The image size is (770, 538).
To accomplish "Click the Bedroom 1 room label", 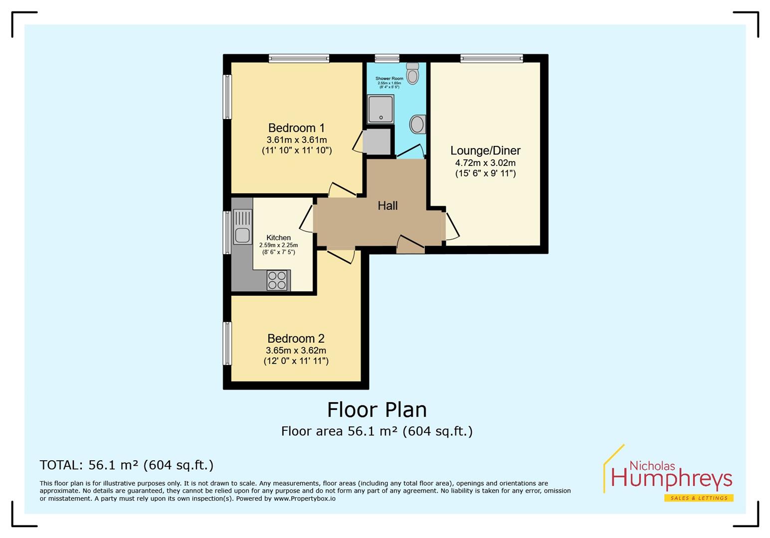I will pyautogui.click(x=296, y=128).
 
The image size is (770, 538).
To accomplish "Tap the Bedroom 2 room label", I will pyautogui.click(x=296, y=339).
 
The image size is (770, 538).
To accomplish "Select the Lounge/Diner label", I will pyautogui.click(x=485, y=150).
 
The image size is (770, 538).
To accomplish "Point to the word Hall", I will pyautogui.click(x=387, y=205).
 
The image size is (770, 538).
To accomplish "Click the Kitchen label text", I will pyautogui.click(x=278, y=238).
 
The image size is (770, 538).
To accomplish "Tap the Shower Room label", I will pyautogui.click(x=389, y=79).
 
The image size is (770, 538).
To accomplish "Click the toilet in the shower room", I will pyautogui.click(x=412, y=73).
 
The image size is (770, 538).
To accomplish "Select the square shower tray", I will pyautogui.click(x=381, y=109).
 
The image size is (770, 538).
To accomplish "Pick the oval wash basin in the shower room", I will pyautogui.click(x=417, y=124).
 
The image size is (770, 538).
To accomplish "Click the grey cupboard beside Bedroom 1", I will pyautogui.click(x=377, y=141).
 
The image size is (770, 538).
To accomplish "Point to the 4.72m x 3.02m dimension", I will pyautogui.click(x=485, y=163).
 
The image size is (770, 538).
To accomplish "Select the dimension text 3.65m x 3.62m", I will pyautogui.click(x=296, y=350).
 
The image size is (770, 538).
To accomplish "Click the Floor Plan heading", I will pyautogui.click(x=377, y=410).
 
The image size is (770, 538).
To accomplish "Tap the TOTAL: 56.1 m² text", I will pyautogui.click(x=126, y=465).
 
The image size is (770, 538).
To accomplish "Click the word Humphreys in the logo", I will pyautogui.click(x=671, y=479).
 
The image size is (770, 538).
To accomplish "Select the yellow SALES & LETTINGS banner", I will pyautogui.click(x=698, y=498).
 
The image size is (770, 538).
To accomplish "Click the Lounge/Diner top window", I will pyautogui.click(x=491, y=58).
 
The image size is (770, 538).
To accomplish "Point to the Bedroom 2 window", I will pyautogui.click(x=227, y=343).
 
